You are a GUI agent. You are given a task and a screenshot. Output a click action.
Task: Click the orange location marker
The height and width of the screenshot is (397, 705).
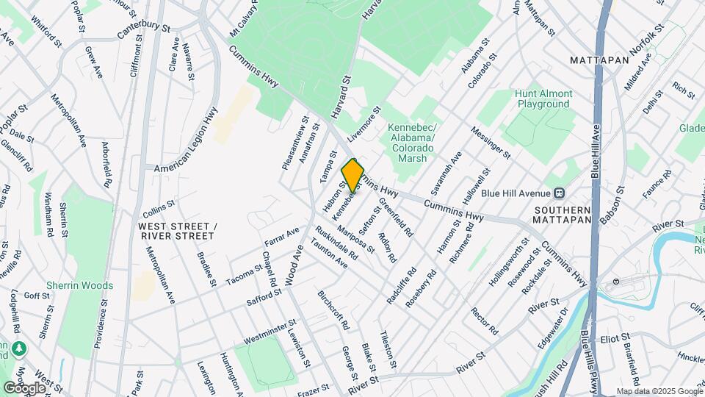pyautogui.click(x=352, y=176)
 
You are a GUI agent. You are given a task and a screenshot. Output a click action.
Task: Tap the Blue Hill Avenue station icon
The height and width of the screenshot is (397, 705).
pyautogui.click(x=560, y=193)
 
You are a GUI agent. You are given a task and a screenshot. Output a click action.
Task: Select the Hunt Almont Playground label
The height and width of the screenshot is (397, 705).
pyautogui.click(x=543, y=99)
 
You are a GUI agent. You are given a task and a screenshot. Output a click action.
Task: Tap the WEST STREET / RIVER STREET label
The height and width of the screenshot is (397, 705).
pyautogui.click(x=176, y=231)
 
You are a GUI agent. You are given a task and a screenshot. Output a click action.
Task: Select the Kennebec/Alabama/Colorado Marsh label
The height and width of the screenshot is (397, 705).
pyautogui.click(x=412, y=138)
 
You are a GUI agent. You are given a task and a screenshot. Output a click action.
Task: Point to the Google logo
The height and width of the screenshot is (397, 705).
pyautogui.click(x=24, y=387)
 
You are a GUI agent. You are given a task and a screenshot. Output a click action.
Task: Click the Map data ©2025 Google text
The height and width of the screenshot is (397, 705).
pyautogui.click(x=659, y=391)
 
